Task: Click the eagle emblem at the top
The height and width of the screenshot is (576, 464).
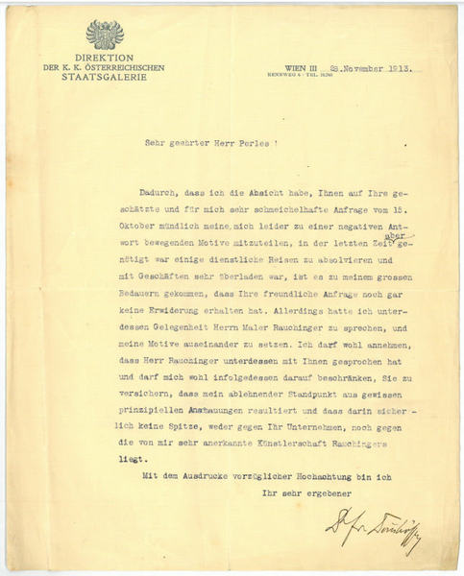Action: (x=105, y=35)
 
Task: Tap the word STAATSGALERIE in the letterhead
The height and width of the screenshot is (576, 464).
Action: (x=105, y=78)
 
